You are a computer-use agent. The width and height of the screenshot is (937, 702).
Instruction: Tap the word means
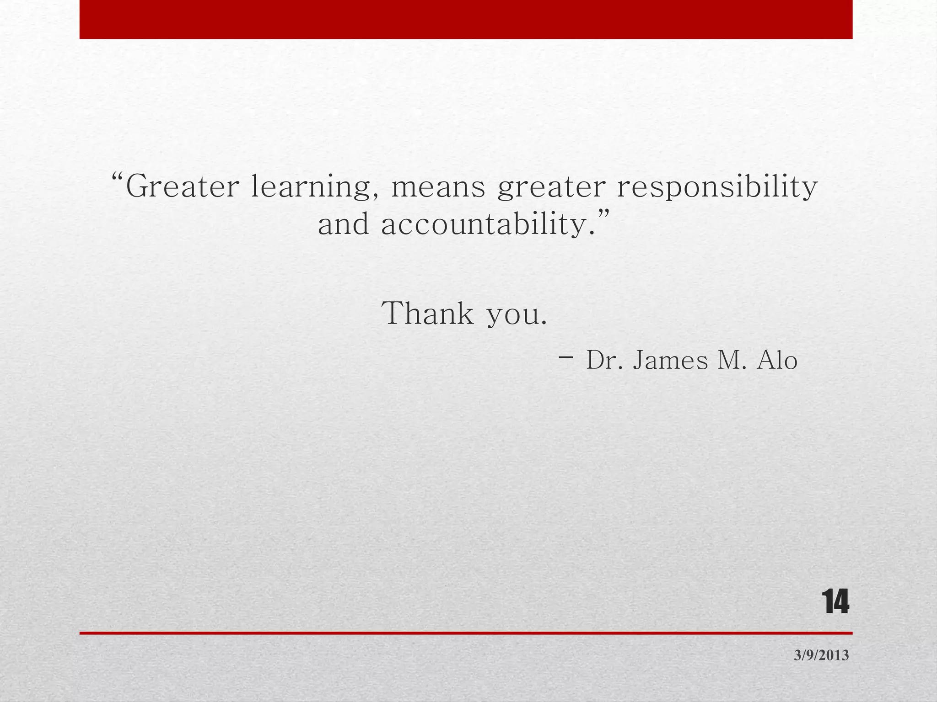438,187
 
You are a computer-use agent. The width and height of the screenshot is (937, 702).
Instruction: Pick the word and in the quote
343,225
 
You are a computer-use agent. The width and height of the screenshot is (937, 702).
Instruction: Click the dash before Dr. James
566,357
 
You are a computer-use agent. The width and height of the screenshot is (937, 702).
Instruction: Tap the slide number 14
835,602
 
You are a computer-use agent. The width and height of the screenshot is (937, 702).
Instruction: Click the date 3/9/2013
821,655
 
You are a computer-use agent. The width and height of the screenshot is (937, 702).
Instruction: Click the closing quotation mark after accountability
604,214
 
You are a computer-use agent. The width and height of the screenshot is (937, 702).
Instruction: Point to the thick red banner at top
466,19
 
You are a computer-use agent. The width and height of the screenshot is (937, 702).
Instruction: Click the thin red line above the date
466,633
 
